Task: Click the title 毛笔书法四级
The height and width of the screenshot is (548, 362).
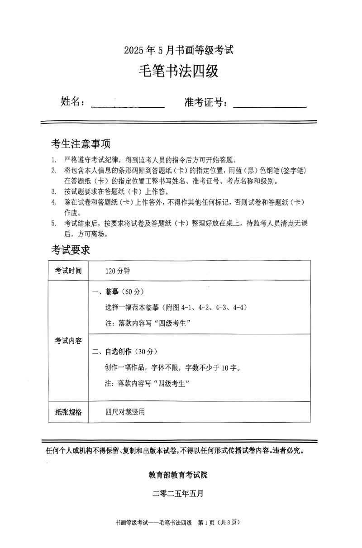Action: point(181,71)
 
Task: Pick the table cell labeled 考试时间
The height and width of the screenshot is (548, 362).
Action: point(69,271)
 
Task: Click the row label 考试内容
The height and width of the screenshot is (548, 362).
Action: point(69,340)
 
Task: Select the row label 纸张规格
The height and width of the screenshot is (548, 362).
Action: point(69,412)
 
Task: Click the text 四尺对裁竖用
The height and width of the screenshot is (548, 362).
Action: point(125,412)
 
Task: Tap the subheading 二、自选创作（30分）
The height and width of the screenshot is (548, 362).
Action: point(124,351)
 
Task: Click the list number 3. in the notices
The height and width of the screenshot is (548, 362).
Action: point(53,191)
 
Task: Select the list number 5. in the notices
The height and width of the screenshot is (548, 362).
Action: point(53,223)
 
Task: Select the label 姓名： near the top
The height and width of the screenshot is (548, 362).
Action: point(73,102)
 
